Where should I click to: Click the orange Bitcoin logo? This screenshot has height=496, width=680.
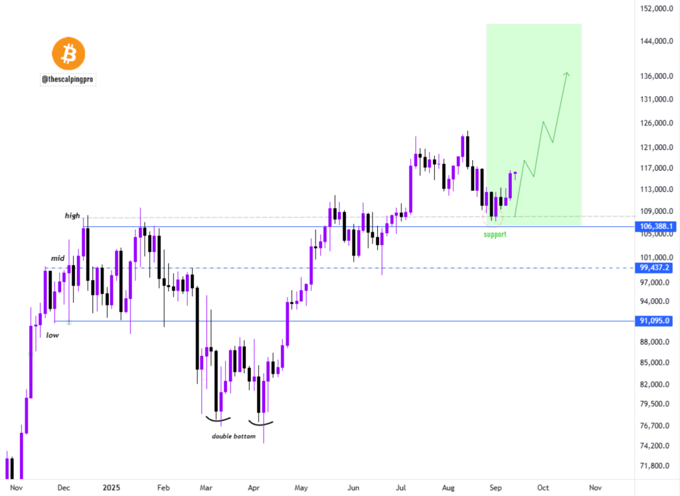68,55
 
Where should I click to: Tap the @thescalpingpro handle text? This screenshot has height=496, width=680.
68,79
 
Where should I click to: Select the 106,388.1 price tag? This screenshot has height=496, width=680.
657,226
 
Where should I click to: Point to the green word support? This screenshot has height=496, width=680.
495,235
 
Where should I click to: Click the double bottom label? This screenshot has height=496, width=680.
233,436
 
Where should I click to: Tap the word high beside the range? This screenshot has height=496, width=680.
72,216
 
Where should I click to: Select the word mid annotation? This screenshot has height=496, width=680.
58,258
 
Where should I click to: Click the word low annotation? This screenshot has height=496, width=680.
52,335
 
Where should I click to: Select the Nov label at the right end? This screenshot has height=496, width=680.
595,488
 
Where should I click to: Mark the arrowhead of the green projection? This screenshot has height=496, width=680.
567,74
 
